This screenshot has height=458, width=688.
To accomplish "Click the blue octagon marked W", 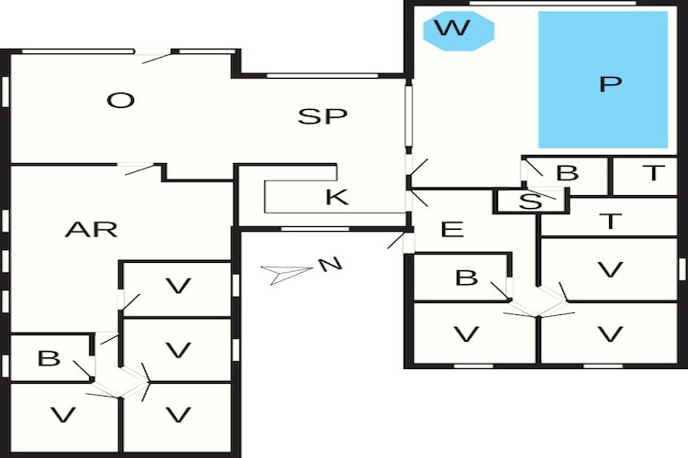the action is (x=459, y=30).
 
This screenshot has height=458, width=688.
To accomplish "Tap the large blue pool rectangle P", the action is (x=603, y=80).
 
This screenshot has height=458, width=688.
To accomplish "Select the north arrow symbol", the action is (x=286, y=274).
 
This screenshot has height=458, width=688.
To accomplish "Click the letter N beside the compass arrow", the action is (x=330, y=265).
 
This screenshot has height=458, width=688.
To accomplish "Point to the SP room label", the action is (x=323, y=116).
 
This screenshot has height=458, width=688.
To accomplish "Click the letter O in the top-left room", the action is (x=121, y=101).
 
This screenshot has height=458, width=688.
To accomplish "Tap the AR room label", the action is (x=91, y=229).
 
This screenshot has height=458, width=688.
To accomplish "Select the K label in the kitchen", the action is (x=337, y=197).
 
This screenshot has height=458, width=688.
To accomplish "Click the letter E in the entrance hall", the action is (x=452, y=229).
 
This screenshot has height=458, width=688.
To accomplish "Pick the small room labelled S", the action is (x=531, y=202).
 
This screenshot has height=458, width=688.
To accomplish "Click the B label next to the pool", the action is (x=567, y=173).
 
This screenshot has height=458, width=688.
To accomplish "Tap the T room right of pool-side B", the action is (x=645, y=176).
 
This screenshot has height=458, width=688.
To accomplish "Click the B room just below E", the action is (x=461, y=277).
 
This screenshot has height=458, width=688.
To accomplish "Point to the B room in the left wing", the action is (x=50, y=358).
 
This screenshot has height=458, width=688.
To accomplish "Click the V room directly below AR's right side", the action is (x=177, y=288).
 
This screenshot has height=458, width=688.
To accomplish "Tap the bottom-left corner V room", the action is (x=64, y=418).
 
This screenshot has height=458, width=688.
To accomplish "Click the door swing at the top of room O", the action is (x=156, y=58).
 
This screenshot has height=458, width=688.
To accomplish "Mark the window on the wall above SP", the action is (x=323, y=76).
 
